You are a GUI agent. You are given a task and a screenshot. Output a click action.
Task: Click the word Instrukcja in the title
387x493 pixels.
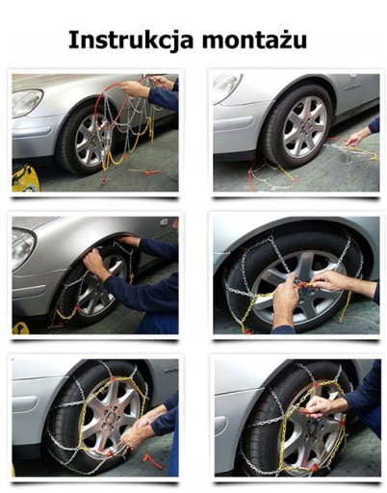coord(131,40)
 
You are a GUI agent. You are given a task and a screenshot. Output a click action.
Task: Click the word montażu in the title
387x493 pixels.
coord(254,40)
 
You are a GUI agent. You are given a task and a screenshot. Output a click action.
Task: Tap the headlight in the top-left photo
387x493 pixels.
coord(27,102)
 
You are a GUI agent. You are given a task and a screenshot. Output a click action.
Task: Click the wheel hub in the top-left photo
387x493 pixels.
coord(96,139)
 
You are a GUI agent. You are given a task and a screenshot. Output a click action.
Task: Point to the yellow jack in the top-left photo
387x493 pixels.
coord(26,178)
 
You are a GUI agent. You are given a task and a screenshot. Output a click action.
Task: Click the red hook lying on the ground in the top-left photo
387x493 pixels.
coord(147,172)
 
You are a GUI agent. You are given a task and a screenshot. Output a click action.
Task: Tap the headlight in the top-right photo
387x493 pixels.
coord(227,88)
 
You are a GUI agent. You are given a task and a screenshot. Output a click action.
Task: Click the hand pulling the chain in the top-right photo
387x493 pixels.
coord(355,138)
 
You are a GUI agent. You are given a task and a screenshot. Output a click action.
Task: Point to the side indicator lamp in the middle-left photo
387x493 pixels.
coord(164,221)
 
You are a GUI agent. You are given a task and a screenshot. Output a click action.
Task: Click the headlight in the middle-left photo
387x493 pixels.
coord(23,246)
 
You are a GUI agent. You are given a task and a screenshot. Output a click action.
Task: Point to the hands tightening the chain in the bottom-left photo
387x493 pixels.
coord(138,430)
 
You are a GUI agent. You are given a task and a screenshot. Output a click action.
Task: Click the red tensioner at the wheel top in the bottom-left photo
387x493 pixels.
coord(113,379)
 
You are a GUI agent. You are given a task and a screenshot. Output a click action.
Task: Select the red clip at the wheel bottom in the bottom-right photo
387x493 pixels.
coord(314,466)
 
